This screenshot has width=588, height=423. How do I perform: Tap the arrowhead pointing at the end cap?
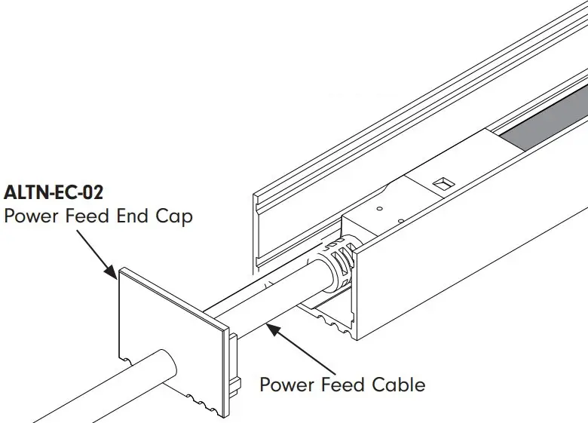[x=112, y=274]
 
